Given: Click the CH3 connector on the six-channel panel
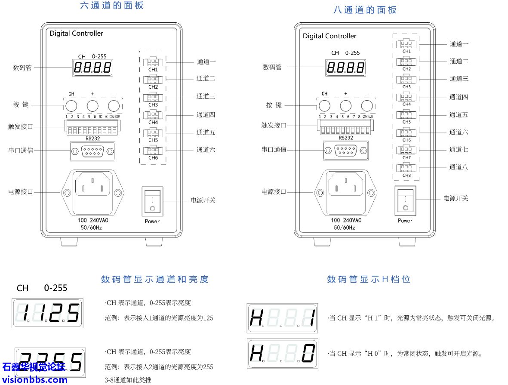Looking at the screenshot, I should tap(153, 98).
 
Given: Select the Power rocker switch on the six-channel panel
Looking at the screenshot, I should tap(152, 201).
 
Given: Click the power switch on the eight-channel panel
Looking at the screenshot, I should tap(405, 200).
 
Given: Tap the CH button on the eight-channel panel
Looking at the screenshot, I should tap(324, 105).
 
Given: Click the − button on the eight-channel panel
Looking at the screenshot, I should tap(366, 105).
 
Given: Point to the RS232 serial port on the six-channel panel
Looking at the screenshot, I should tap(92, 151).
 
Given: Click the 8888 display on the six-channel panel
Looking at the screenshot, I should tap(92, 68).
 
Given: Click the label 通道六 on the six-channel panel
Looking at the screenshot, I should tap(206, 150).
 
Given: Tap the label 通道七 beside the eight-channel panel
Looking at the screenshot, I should tap(459, 149).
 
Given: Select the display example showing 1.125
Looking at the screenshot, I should tap(47, 313).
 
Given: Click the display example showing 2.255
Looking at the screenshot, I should tap(51, 362).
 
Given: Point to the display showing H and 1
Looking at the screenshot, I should tap(283, 318).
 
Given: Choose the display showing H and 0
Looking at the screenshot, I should tap(283, 353).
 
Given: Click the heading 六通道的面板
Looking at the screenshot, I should tap(112, 6).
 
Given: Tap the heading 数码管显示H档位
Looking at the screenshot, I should tap(369, 279).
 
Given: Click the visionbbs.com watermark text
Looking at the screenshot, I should tap(34, 379).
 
